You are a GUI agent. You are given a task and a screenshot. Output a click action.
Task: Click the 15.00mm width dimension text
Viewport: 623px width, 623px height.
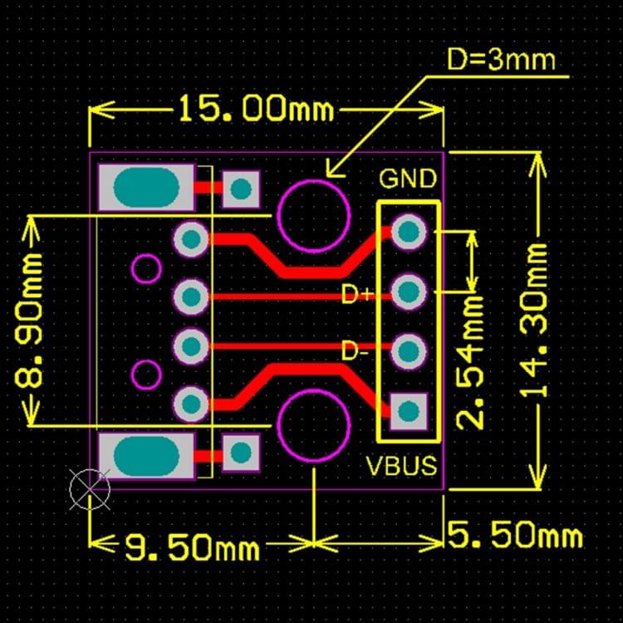[256, 109]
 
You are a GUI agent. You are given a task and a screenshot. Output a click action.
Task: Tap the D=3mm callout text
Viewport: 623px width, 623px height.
[501, 60]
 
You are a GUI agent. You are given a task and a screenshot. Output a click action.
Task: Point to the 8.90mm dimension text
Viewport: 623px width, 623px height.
[32, 319]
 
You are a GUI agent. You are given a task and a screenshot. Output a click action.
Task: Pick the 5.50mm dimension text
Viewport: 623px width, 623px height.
[516, 536]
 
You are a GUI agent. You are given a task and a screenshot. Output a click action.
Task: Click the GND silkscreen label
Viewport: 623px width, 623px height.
[408, 179]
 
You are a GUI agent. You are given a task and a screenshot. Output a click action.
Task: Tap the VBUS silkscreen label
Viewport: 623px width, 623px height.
[402, 465]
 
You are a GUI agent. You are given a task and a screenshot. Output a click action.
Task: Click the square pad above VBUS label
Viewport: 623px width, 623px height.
[408, 410]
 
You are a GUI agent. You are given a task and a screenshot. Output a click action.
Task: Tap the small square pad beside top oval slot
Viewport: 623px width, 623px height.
[241, 189]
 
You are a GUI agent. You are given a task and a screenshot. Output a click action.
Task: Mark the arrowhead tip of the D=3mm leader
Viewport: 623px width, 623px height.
[327, 176]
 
